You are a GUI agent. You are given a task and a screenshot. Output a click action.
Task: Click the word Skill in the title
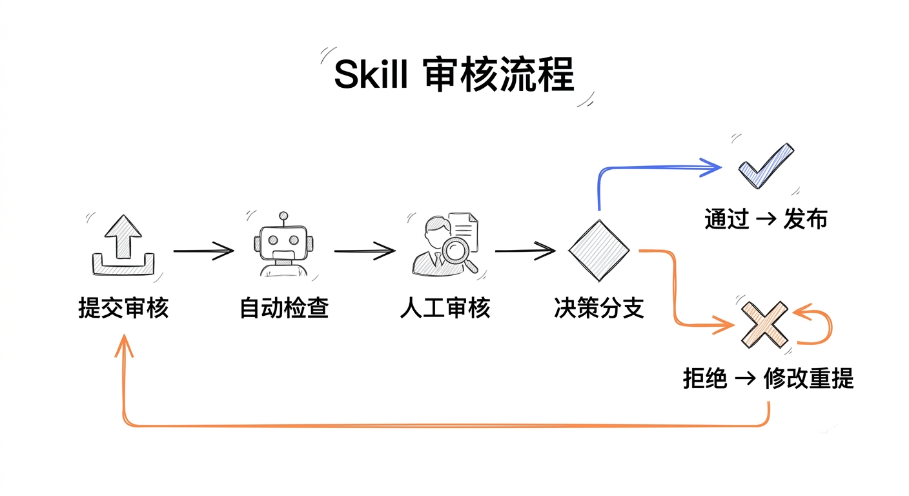(x=370, y=76)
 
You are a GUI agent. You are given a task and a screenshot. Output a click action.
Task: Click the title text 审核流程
(x=499, y=76)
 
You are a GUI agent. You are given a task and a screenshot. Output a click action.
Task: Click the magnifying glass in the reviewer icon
(x=460, y=253)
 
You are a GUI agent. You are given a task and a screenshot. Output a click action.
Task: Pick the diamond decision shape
(x=598, y=250)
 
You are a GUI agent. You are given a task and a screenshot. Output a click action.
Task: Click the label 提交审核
(x=123, y=308)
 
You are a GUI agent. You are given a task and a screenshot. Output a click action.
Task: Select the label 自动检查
(x=284, y=308)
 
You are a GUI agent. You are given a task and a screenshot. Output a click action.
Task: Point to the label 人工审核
(x=445, y=308)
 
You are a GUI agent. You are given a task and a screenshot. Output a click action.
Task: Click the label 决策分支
(x=598, y=308)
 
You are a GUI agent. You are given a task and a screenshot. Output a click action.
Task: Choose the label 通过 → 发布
(x=766, y=220)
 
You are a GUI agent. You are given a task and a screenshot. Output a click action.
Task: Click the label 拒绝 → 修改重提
(x=768, y=378)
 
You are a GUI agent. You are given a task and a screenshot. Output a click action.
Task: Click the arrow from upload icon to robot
(x=203, y=250)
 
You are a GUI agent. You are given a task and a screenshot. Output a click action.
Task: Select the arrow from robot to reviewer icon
(x=365, y=251)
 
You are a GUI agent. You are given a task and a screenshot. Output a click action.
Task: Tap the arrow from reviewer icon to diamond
(x=525, y=251)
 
